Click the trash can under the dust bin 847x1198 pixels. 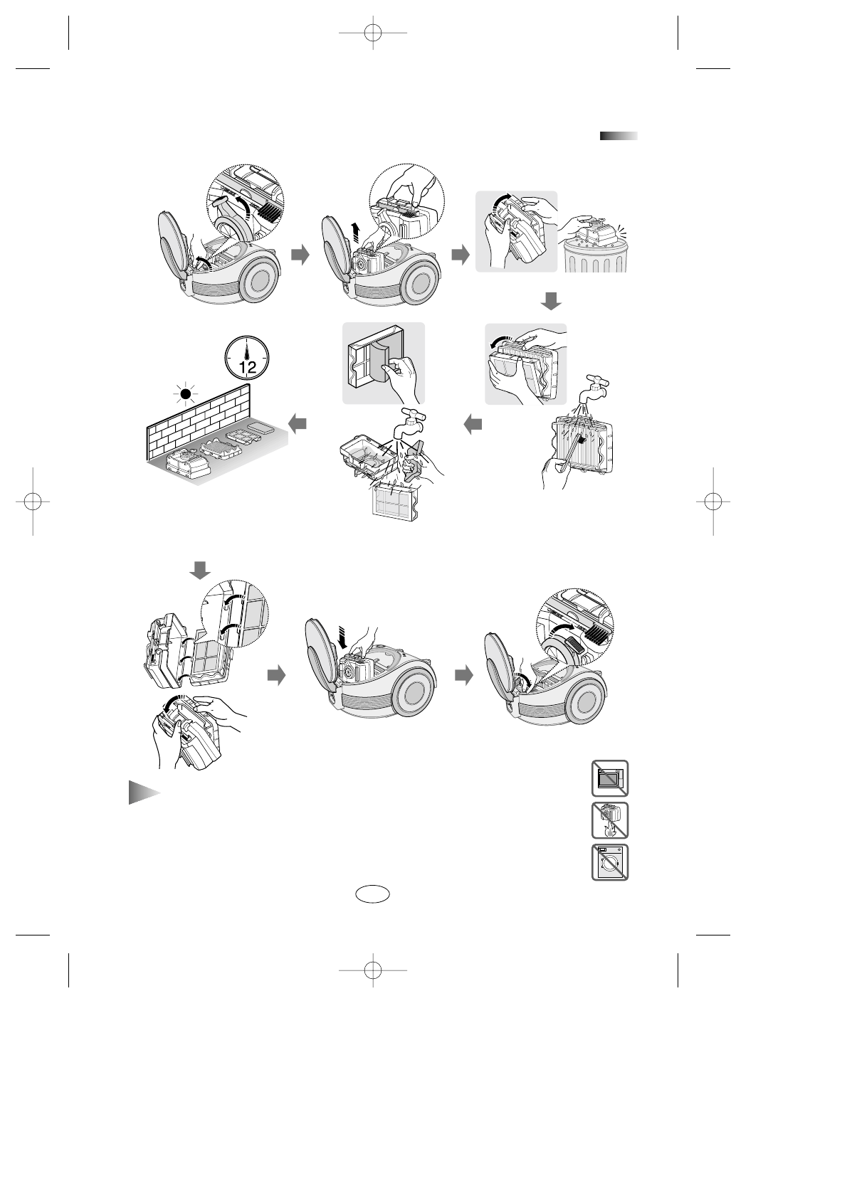point(596,256)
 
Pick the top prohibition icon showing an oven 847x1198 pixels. point(609,778)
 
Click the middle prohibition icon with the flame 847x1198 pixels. point(609,820)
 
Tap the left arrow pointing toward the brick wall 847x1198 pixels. point(299,424)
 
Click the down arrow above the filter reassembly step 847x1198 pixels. point(200,569)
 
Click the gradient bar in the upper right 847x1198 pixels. point(618,137)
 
